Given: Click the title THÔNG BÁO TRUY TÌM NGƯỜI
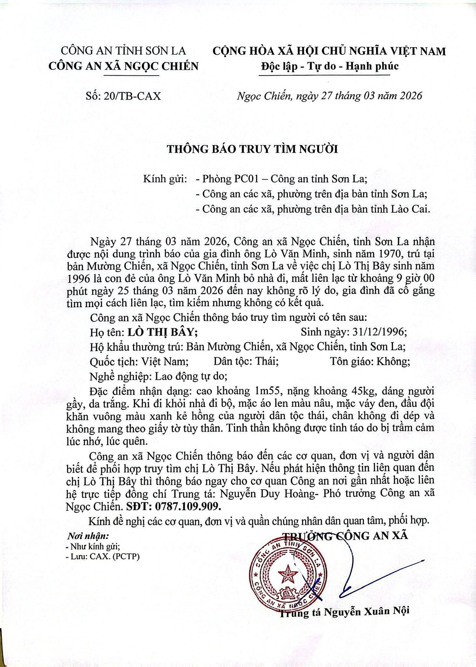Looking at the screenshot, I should [x=252, y=149].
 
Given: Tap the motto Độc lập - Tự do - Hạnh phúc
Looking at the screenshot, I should [x=329, y=66].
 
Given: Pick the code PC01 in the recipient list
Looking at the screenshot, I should [x=249, y=179].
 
